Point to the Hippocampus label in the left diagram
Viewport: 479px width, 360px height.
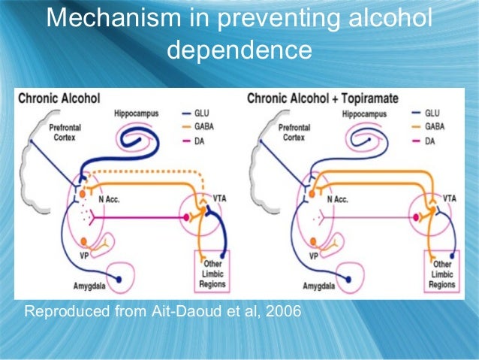click(136, 113)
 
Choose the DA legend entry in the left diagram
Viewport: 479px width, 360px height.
click(199, 141)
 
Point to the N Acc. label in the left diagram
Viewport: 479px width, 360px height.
click(111, 199)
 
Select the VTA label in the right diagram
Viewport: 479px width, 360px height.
click(449, 198)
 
